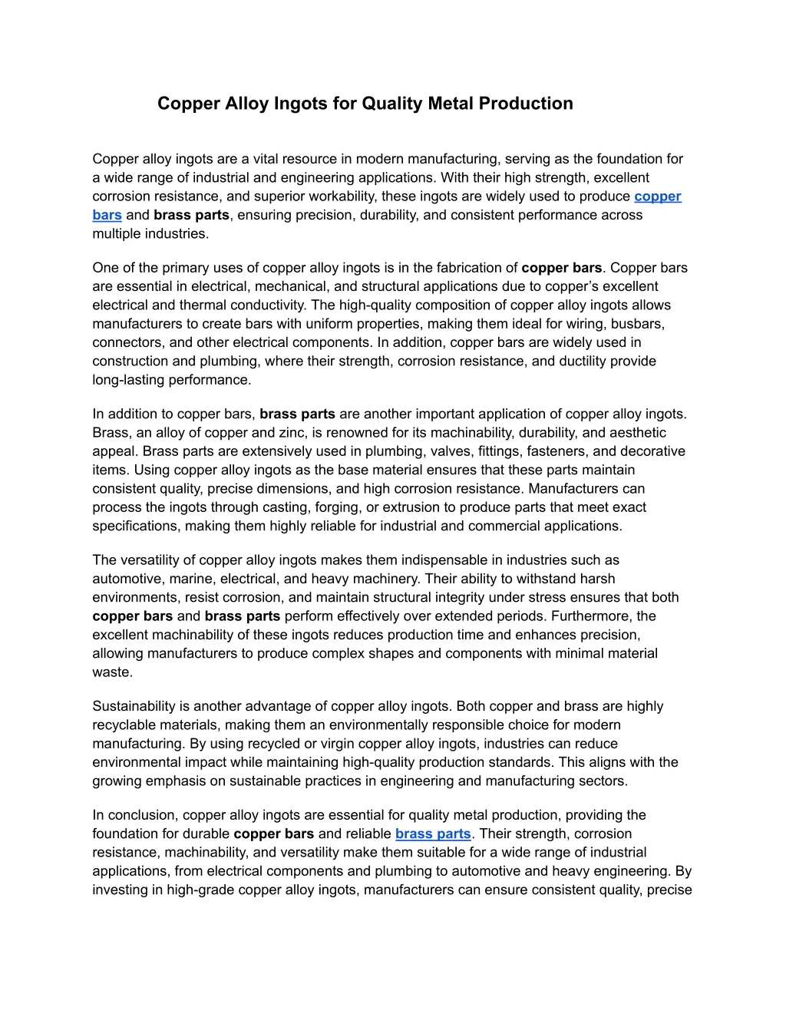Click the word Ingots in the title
click(x=302, y=104)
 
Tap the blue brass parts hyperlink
click(x=433, y=834)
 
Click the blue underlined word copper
click(x=658, y=196)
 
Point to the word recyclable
click(x=127, y=725)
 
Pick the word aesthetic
click(x=638, y=433)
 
